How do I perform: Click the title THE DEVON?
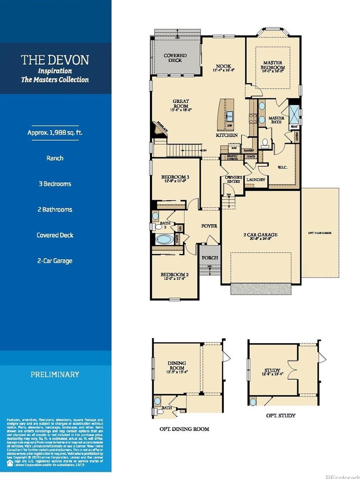pyautogui.click(x=55, y=60)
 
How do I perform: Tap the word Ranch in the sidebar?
pyautogui.click(x=54, y=158)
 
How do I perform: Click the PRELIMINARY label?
pyautogui.click(x=54, y=375)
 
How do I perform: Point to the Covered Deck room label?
pyautogui.click(x=175, y=58)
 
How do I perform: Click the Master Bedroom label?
pyautogui.click(x=273, y=65)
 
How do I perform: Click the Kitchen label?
pyautogui.click(x=227, y=135)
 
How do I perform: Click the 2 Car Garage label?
pyautogui.click(x=260, y=235)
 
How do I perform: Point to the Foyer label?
pyautogui.click(x=209, y=226)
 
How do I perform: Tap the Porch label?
pyautogui.click(x=209, y=258)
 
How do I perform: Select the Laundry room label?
pyautogui.click(x=255, y=180)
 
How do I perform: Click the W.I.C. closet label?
pyautogui.click(x=282, y=168)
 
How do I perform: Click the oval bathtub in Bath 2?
pyautogui.click(x=164, y=239)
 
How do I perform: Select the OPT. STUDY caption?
pyautogui.click(x=280, y=415)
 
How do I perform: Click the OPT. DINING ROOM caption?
pyautogui.click(x=184, y=429)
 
